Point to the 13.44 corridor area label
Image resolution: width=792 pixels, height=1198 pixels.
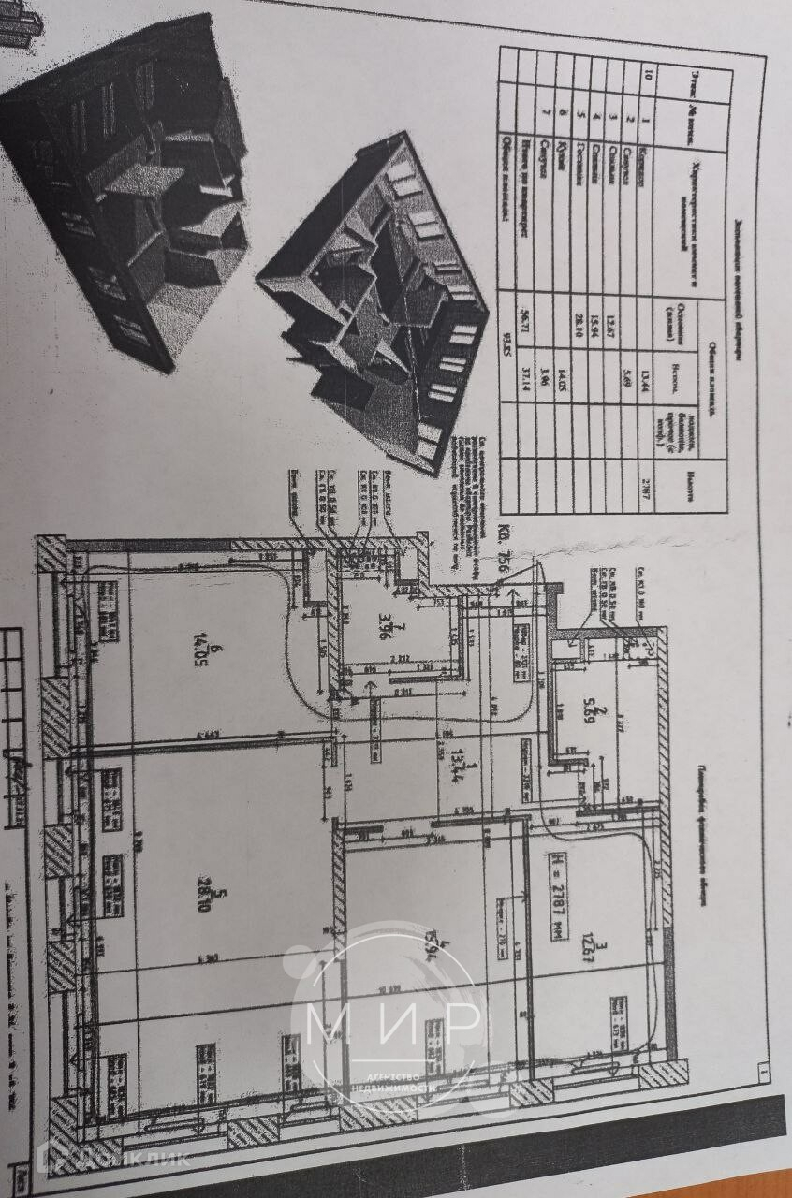[x=458, y=765]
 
